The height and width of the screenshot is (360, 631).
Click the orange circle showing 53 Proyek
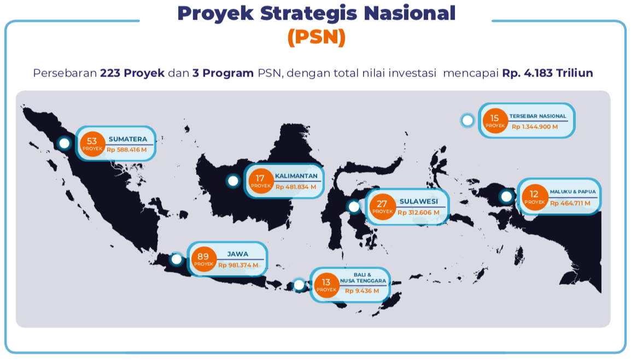[92, 144]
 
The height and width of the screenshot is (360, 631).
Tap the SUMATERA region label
[128, 139]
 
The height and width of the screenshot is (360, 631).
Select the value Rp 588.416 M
[127, 150]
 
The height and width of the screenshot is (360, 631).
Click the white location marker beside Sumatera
[64, 143]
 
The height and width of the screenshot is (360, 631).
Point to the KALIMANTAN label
[296, 176]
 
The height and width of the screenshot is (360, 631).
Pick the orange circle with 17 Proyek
[261, 181]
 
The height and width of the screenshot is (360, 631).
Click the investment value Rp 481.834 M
[296, 187]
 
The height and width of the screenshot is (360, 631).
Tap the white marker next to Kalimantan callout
[233, 181]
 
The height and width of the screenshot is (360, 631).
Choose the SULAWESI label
[418, 201]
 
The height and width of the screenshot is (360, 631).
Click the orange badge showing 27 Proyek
[382, 207]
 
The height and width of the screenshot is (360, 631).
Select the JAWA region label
[238, 254]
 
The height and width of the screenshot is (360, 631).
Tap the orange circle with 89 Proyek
[203, 259]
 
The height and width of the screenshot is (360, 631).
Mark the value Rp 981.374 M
[238, 265]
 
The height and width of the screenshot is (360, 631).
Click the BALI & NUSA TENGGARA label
[363, 278]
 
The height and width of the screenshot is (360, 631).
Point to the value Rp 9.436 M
[362, 291]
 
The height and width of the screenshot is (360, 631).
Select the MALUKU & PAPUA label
[572, 191]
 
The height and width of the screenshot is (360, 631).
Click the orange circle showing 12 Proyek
[534, 197]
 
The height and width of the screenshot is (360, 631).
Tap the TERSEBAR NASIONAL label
[537, 116]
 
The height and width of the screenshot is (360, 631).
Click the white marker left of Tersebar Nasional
[467, 120]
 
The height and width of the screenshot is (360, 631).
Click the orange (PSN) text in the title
[316, 37]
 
